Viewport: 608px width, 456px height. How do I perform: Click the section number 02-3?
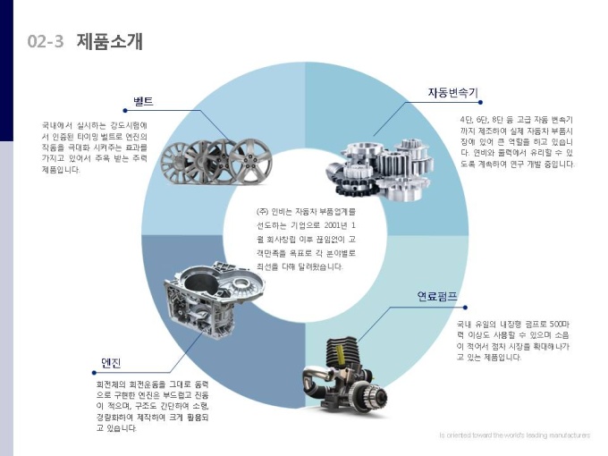tap(46, 42)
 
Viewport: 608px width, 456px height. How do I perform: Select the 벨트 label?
tap(144, 100)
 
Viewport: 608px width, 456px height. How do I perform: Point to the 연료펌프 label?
tap(439, 296)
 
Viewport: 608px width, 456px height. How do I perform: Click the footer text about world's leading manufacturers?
tap(514, 435)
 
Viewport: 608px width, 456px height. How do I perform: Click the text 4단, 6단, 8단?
tap(488, 119)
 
